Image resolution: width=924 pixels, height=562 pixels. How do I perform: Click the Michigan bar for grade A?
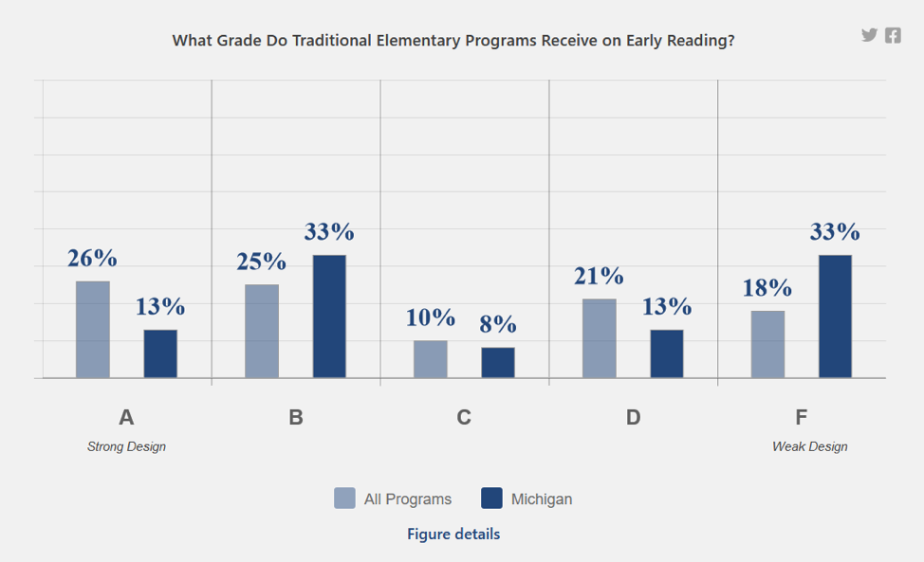point(160,354)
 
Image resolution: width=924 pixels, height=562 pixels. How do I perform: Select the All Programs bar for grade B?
point(262,331)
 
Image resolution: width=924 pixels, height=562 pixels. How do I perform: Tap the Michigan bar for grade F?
point(835,317)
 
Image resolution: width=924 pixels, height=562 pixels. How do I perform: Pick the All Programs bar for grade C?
point(431,359)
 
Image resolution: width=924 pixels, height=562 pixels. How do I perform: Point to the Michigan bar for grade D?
point(667,354)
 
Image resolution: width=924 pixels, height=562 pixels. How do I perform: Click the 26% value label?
point(92,258)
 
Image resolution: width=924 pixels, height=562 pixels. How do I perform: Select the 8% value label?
point(498,324)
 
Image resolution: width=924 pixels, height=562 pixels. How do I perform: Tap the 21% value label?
point(599,276)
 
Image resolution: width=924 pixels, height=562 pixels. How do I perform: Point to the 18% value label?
point(767,287)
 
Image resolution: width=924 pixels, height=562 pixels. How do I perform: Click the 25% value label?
point(261,261)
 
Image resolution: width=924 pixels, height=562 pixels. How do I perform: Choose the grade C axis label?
point(464,417)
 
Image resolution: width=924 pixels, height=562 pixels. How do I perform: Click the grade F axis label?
point(802,417)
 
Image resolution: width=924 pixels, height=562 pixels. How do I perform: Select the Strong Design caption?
point(126,446)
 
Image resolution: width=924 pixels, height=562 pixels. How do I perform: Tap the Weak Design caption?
point(809,446)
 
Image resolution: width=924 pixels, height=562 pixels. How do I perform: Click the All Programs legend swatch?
point(344,499)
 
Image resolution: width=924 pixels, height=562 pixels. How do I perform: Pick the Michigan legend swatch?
point(491,499)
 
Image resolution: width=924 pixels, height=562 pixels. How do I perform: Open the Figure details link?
point(453,534)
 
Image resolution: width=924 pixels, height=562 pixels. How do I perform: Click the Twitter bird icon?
point(869,35)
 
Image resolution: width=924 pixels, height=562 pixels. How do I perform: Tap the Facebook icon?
point(893,35)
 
